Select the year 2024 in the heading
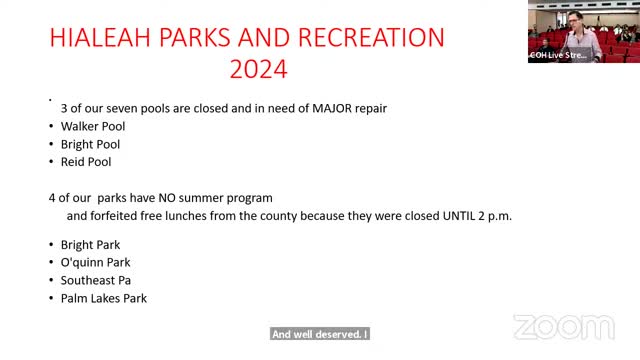258,71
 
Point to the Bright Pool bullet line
91,144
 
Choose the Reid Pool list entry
86,161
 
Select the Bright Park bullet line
90,244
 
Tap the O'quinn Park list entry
96,262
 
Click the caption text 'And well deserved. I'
320,335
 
